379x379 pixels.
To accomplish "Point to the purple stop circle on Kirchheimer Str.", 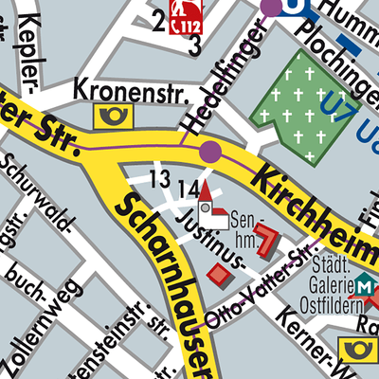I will pos(210,151).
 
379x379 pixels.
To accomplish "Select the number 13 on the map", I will pos(159,179).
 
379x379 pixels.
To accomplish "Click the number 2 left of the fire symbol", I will pos(157,19).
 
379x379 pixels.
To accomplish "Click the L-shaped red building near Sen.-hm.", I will pos(266,240).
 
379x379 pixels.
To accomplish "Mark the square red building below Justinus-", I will pos(220,274).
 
